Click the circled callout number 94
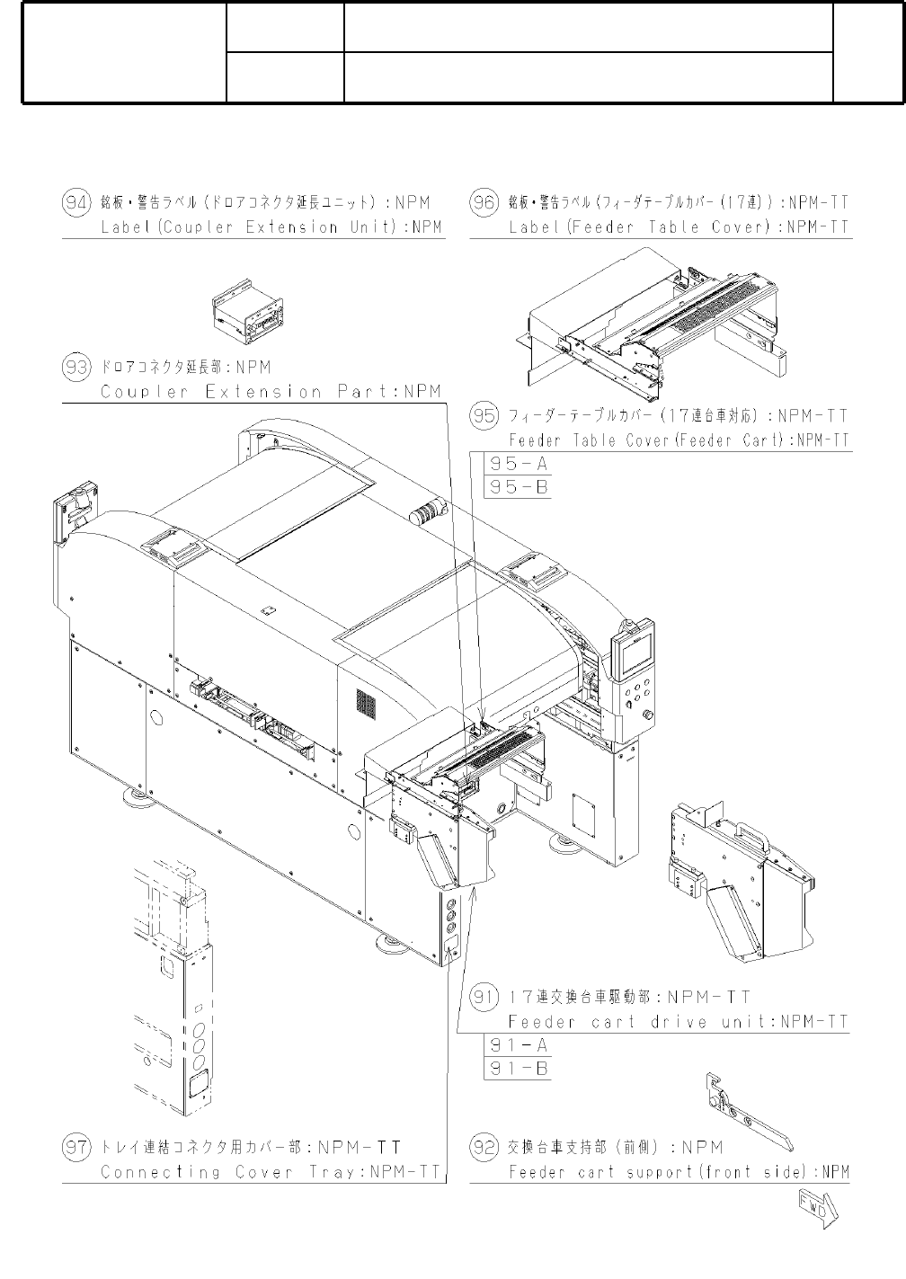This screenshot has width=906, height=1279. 76,203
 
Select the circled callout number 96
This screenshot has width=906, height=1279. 484,203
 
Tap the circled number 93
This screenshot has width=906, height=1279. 76,367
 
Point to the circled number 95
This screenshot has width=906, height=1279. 484,415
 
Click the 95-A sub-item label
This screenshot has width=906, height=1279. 519,464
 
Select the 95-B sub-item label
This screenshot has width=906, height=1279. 519,487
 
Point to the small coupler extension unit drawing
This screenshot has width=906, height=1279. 248,312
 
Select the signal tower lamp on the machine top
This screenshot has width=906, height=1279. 429,510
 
